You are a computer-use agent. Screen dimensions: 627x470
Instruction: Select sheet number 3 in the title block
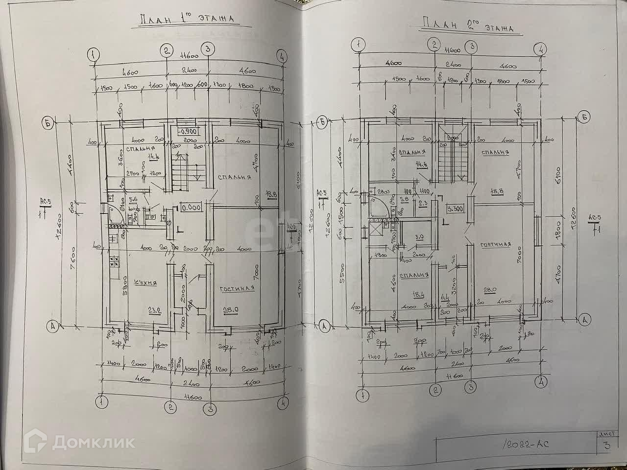click(607, 445)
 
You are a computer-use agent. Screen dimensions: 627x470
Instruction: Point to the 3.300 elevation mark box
click(455, 208)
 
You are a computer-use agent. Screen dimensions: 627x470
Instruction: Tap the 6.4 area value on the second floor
click(445, 296)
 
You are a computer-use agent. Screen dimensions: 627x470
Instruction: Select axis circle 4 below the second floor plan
click(541, 380)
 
